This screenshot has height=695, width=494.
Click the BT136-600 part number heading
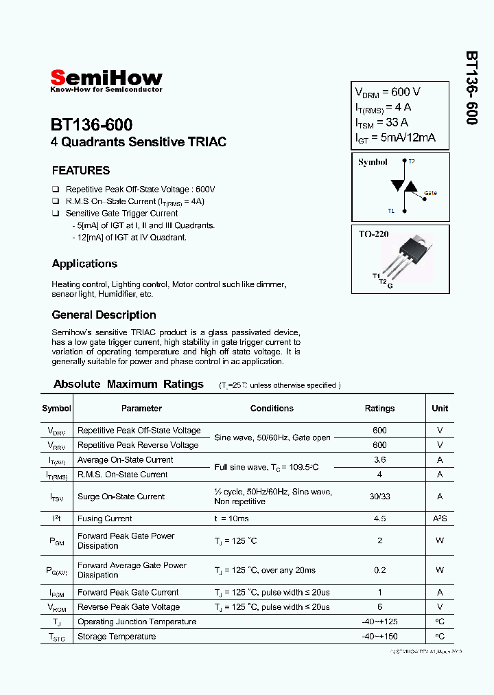pyautogui.click(x=91, y=124)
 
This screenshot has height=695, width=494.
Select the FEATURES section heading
pyautogui.click(x=81, y=170)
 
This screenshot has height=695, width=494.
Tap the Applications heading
pyautogui.click(x=84, y=264)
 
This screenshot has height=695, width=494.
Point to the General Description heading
pyautogui.click(x=104, y=315)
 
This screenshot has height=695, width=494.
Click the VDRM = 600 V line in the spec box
pyautogui.click(x=387, y=92)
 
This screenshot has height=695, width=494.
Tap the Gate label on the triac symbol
pyautogui.click(x=430, y=193)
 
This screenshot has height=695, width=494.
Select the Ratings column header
pyautogui.click(x=379, y=408)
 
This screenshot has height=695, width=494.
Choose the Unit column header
pyautogui.click(x=440, y=408)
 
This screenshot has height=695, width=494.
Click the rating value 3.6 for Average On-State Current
pyautogui.click(x=379, y=460)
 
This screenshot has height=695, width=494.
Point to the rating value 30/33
pyautogui.click(x=379, y=497)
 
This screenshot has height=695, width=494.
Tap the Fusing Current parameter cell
pyautogui.click(x=104, y=519)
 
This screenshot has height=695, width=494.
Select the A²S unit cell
pyautogui.click(x=440, y=519)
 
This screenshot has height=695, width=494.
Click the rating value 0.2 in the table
pyautogui.click(x=379, y=570)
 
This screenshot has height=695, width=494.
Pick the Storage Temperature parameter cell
pyautogui.click(x=117, y=637)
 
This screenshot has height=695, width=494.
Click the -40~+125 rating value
pyautogui.click(x=379, y=622)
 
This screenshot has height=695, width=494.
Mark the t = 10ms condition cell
pyautogui.click(x=231, y=519)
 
